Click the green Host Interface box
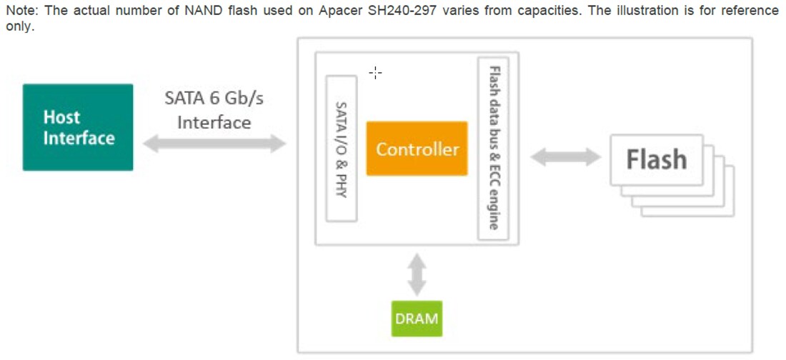coord(77,127)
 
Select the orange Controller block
coord(417,149)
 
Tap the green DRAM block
coord(416,318)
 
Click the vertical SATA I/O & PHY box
coord(341,149)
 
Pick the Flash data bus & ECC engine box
coord(493,149)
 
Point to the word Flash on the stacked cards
coord(656,159)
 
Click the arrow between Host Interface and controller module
coord(214,144)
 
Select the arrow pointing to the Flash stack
coord(564,157)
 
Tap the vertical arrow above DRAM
coord(417,273)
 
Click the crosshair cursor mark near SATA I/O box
coord(375,72)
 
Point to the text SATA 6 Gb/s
coord(214,98)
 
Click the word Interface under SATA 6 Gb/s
coord(214,122)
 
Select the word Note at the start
coord(21,11)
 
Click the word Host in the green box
coord(61,117)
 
